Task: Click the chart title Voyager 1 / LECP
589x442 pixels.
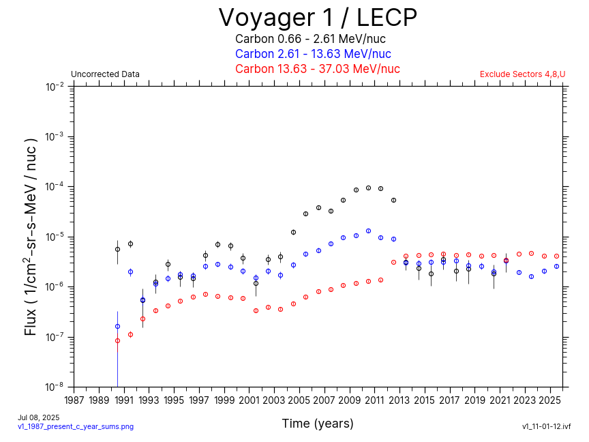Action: [318, 18]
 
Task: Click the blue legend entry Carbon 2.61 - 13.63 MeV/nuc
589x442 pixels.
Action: [313, 54]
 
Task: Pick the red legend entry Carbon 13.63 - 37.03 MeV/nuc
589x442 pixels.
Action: [317, 69]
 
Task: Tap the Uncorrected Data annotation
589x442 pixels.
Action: [105, 74]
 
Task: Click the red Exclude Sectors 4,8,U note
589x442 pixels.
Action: [522, 74]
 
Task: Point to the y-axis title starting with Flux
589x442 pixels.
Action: [31, 236]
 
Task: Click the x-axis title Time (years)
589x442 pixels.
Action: [318, 424]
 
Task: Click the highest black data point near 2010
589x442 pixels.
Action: [368, 188]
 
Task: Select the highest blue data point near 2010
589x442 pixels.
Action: [368, 231]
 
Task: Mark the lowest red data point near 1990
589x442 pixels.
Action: [117, 340]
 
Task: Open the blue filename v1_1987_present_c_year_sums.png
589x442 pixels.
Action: [75, 426]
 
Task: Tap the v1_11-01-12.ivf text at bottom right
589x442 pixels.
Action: [546, 426]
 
